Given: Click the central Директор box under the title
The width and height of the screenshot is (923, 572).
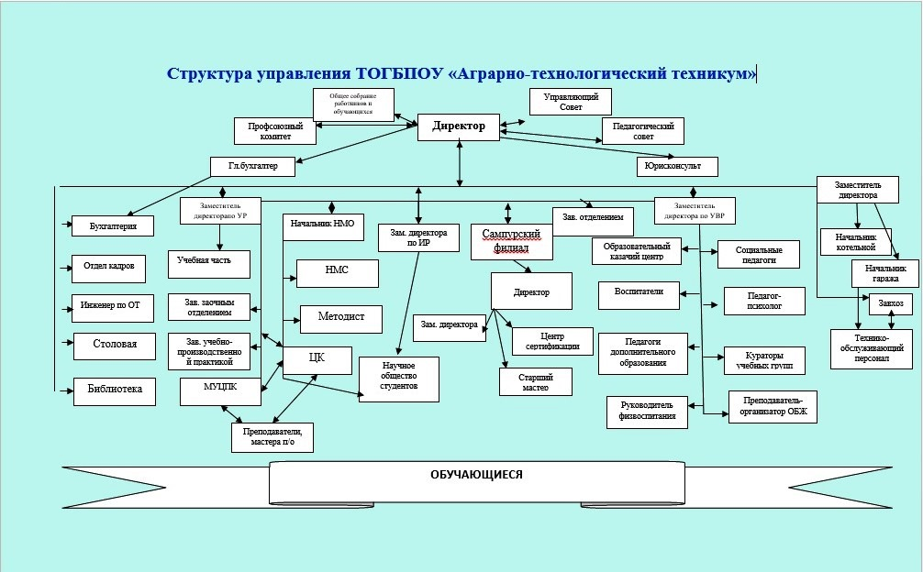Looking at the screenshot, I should click(x=459, y=126).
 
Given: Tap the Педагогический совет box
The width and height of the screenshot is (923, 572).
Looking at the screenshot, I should click(x=644, y=131).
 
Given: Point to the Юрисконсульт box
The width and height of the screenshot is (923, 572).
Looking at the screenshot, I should click(x=676, y=167).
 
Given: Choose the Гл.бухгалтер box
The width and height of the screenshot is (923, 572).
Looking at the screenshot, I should click(x=252, y=166).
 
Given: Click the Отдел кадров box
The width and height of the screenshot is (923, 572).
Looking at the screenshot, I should click(x=110, y=267).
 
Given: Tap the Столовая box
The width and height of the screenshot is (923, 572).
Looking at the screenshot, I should click(x=113, y=344).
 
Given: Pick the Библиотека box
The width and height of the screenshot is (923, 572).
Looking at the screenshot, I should click(x=114, y=390).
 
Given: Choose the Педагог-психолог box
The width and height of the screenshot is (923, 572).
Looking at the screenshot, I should click(x=764, y=301).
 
